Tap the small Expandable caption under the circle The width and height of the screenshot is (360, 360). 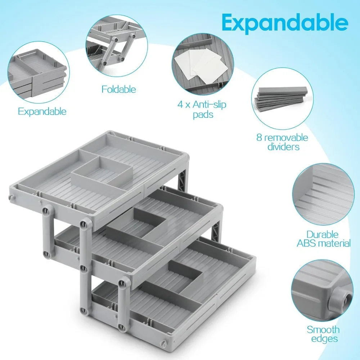pos(42,111)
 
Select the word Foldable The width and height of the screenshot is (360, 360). pos(118,89)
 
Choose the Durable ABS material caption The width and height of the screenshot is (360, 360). pos(323,239)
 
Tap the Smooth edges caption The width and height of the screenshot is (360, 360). pos(323,334)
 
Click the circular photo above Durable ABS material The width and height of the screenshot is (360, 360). pos(323,195)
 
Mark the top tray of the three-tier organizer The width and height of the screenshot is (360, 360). pos(97,173)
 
